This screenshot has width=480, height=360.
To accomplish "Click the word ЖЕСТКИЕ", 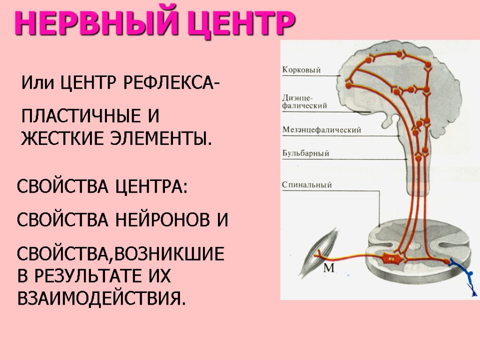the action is [56, 138].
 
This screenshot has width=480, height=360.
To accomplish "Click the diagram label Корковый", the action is [301, 71].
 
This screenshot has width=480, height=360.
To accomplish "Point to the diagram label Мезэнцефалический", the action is [321, 130].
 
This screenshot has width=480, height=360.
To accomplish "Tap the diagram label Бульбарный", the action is [306, 153].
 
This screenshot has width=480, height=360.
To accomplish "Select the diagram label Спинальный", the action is [307, 185].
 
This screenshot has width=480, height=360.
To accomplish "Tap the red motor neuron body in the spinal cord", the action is [390, 257].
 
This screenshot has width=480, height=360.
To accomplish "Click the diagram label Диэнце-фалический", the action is [304, 102].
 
